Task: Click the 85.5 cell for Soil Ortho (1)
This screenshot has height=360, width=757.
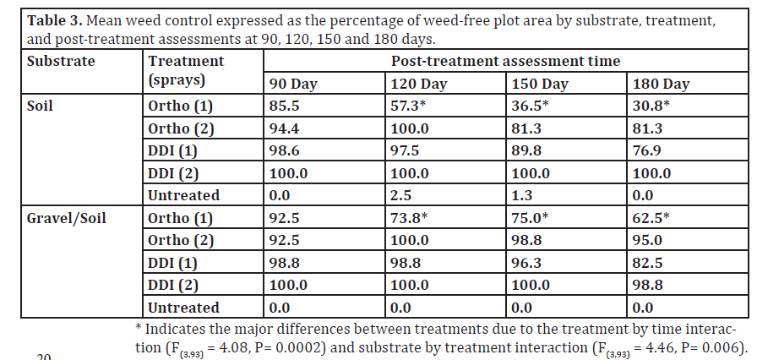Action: (x=284, y=106)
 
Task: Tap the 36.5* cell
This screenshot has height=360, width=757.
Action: (x=531, y=106)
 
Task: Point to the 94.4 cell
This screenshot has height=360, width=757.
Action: (x=284, y=128)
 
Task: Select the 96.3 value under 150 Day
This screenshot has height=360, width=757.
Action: (x=527, y=263)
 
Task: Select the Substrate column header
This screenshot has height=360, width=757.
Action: (x=61, y=62)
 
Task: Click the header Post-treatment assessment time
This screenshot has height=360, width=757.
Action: (x=505, y=62)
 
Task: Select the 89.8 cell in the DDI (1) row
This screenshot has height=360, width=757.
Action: (x=527, y=151)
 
